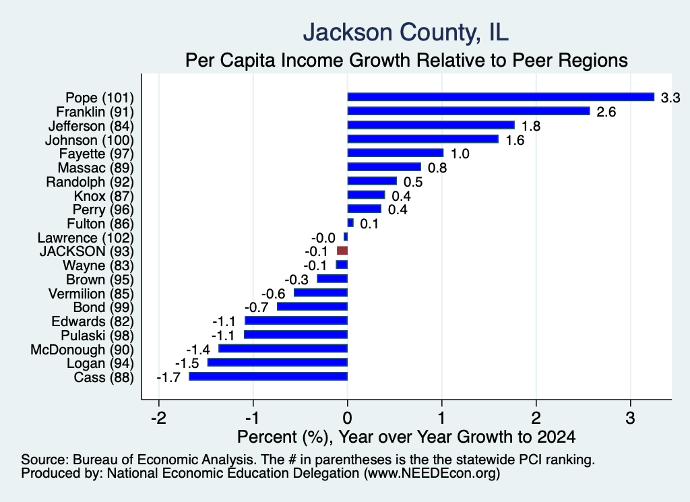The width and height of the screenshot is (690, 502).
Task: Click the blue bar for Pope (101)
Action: pos(501,97)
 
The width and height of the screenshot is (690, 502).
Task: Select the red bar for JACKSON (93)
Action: pos(342,251)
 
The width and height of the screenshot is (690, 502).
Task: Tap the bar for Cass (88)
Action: pos(268,377)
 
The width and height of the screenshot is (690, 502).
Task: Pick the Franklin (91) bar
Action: pos(469,111)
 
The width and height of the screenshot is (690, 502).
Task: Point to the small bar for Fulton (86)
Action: pos(350,222)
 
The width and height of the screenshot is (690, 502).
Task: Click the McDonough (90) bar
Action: pos(283,348)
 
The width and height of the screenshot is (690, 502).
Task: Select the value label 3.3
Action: pos(670,98)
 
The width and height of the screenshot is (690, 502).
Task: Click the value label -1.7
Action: pos(168,377)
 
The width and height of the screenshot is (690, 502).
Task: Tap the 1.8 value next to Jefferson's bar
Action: pos(531,126)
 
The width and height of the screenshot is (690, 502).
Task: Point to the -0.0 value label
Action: pos(323,238)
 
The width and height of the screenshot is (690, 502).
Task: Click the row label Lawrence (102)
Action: pos(86,238)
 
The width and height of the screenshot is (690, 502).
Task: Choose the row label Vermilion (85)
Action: pos(91,294)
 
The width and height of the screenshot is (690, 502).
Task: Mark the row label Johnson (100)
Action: pos(90,140)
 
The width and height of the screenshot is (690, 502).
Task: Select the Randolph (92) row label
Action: pos(90,182)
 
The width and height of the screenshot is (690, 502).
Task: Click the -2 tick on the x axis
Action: pos(158,418)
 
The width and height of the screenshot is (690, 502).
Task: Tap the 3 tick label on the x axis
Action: pos(630,418)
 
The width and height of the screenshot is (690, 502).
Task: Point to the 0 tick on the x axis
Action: pos(348,418)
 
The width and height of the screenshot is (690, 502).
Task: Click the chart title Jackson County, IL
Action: pos(405,32)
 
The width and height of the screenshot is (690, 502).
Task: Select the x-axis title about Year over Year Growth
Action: pos(406,437)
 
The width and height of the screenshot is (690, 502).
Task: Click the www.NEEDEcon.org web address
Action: pos(432,474)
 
